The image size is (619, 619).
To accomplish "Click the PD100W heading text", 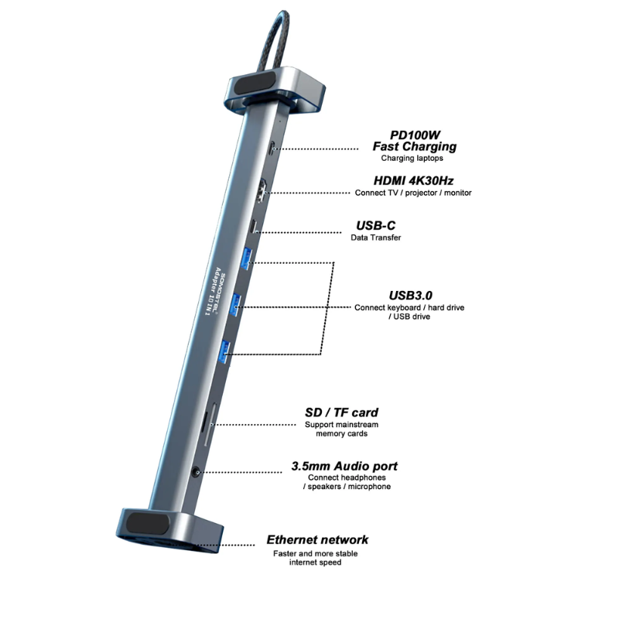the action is tap(415, 135).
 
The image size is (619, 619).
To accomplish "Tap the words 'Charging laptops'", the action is tap(412, 159).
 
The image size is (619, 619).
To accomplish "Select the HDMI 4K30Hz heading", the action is tap(413, 181).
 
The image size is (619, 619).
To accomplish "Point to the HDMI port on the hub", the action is tap(262, 192).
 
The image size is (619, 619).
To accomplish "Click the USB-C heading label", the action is tap(375, 225).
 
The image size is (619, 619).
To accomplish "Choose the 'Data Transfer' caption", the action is tap(375, 238).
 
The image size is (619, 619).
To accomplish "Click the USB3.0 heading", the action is tap(410, 296).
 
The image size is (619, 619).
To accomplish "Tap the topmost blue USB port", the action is tap(247, 258).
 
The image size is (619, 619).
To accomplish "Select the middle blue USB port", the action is tap(236, 304).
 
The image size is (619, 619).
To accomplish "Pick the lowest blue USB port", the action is tap(224, 351).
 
